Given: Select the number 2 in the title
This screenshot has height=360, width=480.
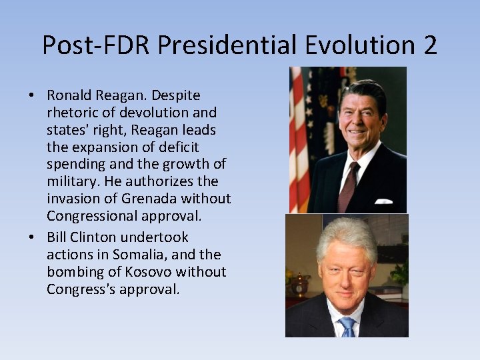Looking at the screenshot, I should point(429,45).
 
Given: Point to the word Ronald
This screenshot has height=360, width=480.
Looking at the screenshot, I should point(70,95).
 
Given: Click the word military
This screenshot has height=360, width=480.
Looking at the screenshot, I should point(69,181).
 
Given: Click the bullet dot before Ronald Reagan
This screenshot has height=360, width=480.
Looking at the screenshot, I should point(32,96).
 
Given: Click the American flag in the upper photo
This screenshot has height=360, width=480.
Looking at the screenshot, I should point(299,140).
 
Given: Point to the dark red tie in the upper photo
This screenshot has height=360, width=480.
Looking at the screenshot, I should point(347,187).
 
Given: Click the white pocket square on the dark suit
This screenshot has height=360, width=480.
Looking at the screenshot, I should point(383,200).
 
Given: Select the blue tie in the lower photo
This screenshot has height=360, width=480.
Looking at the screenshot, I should point(347,327).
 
